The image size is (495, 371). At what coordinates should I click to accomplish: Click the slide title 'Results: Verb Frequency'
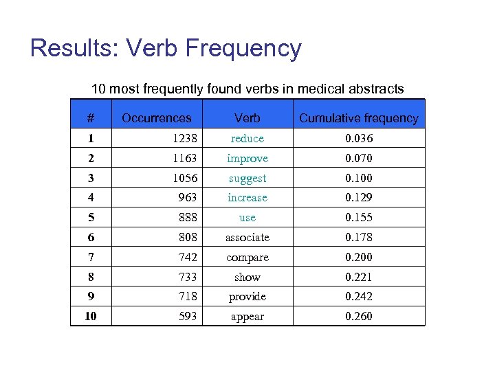point(166,49)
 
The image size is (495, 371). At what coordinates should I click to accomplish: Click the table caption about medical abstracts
point(247,89)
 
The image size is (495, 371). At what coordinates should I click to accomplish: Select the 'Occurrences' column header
point(157,118)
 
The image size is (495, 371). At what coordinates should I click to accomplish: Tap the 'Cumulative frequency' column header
point(358,118)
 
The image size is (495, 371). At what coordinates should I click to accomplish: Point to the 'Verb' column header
point(247,118)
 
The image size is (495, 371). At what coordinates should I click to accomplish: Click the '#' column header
point(91,118)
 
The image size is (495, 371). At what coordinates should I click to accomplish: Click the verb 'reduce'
point(247,139)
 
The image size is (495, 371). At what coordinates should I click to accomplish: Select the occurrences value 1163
point(184,159)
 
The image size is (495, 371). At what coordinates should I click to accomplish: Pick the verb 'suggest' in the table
point(247,179)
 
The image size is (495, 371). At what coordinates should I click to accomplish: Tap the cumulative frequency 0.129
point(358,198)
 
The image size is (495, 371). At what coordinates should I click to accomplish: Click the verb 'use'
point(247,218)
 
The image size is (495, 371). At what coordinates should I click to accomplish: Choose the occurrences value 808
point(187,238)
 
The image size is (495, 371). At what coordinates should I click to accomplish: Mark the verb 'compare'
point(247,258)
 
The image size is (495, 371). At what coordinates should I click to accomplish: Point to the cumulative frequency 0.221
point(358,278)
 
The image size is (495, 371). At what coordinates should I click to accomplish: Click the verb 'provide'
point(247,297)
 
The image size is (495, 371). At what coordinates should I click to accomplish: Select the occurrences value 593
point(187,317)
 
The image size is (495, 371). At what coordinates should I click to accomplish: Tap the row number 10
point(91,317)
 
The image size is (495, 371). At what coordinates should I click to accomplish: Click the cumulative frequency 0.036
point(358,139)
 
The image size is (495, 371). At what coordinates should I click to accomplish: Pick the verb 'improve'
point(247,159)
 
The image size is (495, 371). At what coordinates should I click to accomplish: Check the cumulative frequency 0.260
point(358,317)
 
